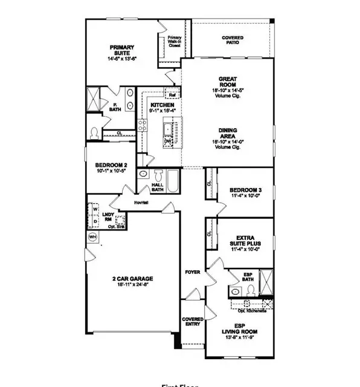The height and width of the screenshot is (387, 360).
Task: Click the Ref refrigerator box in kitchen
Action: click(x=172, y=95)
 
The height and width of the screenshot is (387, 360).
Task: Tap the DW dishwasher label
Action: click(x=167, y=141)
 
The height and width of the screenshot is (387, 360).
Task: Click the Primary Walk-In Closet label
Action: click(x=175, y=41)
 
